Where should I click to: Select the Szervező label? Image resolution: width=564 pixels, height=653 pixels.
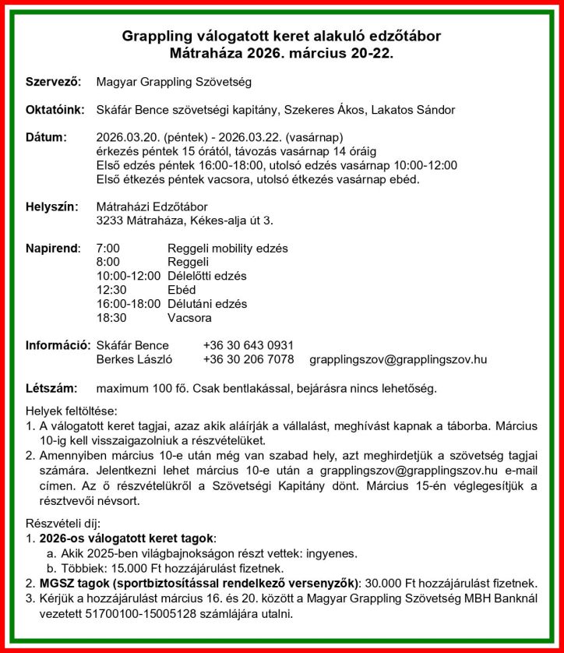pyautogui.click(x=53, y=81)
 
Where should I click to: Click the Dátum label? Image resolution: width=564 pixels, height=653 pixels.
pyautogui.click(x=47, y=138)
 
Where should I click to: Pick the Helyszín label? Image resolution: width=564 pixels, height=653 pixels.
pyautogui.click(x=52, y=206)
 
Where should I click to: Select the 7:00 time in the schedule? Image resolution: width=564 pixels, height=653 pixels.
pyautogui.click(x=108, y=249)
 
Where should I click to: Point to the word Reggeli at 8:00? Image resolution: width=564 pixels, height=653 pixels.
pyautogui.click(x=188, y=263)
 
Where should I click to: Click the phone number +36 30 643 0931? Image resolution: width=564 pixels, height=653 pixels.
pyautogui.click(x=248, y=345)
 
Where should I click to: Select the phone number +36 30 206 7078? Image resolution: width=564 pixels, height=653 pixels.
pyautogui.click(x=248, y=359)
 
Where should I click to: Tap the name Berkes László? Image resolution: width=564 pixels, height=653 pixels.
pyautogui.click(x=134, y=359)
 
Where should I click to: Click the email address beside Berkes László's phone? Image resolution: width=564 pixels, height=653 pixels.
pyautogui.click(x=398, y=359)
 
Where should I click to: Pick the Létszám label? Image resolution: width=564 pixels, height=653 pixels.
pyautogui.click(x=51, y=387)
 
